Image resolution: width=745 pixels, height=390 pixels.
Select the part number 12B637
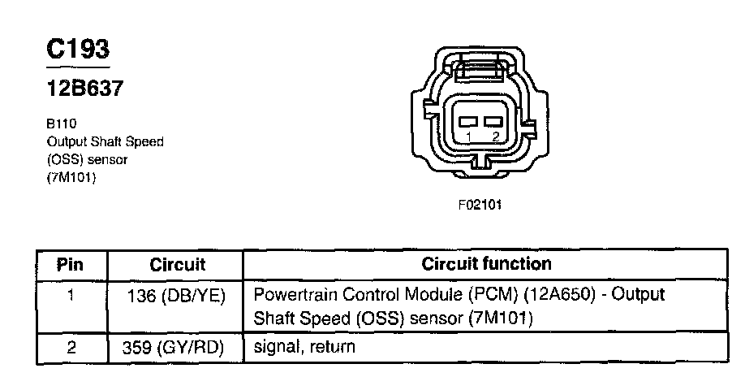(84, 89)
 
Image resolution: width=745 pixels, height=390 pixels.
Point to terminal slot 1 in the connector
(469, 122)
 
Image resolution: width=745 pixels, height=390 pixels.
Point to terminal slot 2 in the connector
(492, 122)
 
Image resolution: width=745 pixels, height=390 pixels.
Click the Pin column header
(71, 265)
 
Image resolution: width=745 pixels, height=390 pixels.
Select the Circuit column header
(178, 265)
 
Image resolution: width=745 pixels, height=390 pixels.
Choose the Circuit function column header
(486, 264)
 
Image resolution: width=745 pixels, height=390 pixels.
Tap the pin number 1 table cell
(71, 295)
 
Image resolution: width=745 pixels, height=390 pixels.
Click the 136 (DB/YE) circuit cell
(177, 295)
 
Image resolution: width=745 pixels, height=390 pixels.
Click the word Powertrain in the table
(293, 294)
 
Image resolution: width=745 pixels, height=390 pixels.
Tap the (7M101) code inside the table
(501, 319)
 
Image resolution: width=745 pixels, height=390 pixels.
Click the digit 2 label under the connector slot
(494, 137)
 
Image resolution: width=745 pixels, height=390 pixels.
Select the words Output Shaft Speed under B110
(105, 142)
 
